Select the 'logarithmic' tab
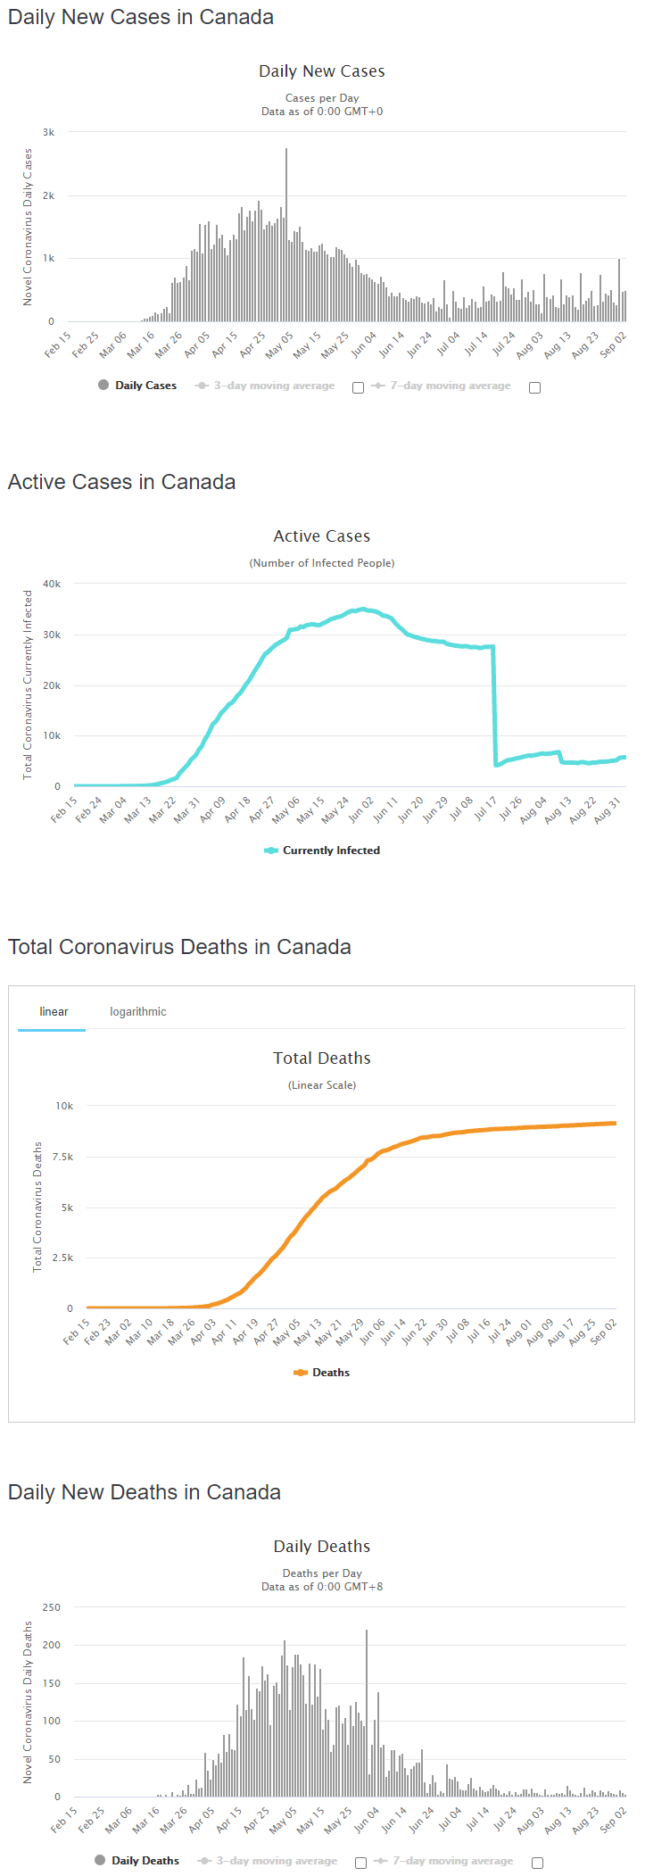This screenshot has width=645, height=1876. tap(138, 1011)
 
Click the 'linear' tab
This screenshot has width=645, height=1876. tap(54, 1011)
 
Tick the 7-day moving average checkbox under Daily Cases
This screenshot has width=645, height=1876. tap(534, 387)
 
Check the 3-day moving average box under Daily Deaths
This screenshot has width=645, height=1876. tap(360, 1863)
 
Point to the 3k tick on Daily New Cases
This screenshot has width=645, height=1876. tap(49, 132)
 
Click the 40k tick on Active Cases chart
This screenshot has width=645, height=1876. tap(52, 584)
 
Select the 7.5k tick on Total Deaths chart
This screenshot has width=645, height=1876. tap(62, 1157)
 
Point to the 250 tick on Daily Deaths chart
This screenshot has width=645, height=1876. tap(52, 1607)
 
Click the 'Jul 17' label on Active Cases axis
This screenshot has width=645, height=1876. tap(485, 809)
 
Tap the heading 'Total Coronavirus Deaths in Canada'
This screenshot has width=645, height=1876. tap(179, 947)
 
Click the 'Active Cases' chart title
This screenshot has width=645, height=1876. tap(322, 536)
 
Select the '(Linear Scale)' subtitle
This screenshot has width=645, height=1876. tap(322, 1085)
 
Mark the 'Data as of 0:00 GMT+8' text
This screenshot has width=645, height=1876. tap(322, 1587)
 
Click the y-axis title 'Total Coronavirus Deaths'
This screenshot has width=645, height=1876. tap(37, 1207)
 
